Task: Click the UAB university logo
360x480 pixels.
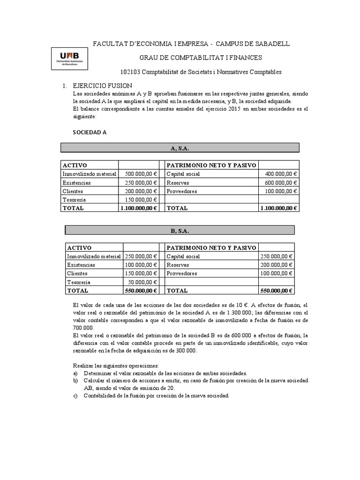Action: [68, 58]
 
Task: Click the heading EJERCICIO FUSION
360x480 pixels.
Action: [103, 86]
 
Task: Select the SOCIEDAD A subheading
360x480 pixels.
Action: [89, 132]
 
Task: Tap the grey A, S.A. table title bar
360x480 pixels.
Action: [180, 148]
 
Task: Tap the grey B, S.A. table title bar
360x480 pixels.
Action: [180, 230]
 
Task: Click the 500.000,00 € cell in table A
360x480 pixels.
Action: [139, 174]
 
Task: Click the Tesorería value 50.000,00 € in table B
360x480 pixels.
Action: [143, 282]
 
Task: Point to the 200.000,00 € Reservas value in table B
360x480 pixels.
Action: [277, 265]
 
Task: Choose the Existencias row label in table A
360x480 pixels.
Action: [77, 183]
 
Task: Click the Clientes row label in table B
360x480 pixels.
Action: [78, 273]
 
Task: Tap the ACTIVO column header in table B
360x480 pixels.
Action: [80, 247]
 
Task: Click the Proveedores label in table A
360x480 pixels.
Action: [182, 192]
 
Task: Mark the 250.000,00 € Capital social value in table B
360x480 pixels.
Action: [277, 256]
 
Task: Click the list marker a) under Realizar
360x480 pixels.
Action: [75, 373]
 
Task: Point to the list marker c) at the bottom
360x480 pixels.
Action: [75, 396]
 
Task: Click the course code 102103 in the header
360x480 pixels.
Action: [131, 72]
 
